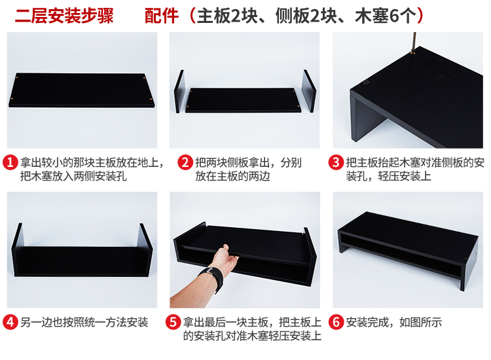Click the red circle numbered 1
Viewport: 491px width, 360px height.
click(10, 162)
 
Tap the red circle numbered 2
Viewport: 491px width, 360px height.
click(185, 162)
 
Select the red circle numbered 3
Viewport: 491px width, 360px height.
click(336, 162)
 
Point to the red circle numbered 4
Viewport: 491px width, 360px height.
click(10, 322)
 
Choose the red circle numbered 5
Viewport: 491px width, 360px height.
click(173, 322)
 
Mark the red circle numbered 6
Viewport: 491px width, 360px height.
click(336, 322)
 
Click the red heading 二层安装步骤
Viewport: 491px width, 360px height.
click(64, 16)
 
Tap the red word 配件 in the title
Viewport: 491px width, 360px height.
click(162, 16)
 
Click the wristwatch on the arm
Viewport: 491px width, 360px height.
click(212, 278)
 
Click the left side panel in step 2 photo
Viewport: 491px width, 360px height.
click(179, 92)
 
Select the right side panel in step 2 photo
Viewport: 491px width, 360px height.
click(310, 91)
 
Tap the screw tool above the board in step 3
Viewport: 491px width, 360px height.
click(414, 43)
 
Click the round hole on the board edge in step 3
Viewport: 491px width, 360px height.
click(366, 83)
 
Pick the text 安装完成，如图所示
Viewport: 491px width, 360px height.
click(394, 322)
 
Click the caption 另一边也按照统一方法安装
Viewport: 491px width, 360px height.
click(84, 322)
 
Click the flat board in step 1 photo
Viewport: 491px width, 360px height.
click(82, 90)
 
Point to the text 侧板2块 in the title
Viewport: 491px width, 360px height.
click(306, 16)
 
